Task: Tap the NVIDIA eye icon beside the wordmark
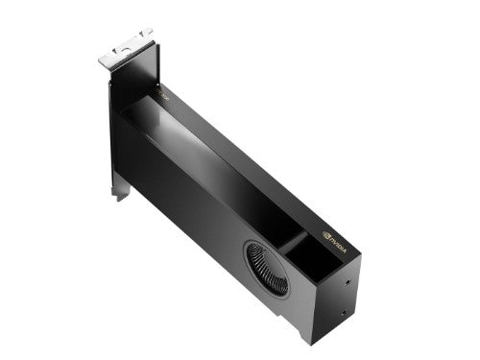pyautogui.click(x=327, y=232)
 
